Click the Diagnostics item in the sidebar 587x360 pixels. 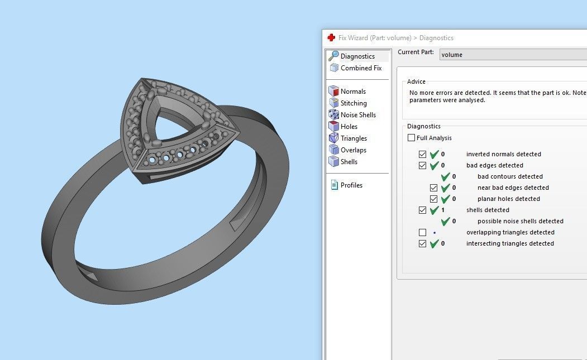click(357, 56)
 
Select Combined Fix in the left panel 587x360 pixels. click(361, 68)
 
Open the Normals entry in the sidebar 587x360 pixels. click(353, 92)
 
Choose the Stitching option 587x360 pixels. click(354, 103)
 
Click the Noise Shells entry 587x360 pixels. click(358, 115)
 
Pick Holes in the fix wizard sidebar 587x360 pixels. click(349, 127)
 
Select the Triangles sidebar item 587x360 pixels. click(354, 138)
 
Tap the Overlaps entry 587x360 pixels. click(353, 150)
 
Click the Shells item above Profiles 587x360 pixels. click(349, 162)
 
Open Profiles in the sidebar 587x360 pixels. click(351, 185)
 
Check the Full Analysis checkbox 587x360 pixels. click(412, 138)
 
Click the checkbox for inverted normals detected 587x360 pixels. click(423, 154)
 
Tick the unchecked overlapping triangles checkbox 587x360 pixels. click(423, 232)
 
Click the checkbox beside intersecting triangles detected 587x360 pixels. click(423, 243)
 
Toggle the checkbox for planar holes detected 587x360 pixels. click(434, 199)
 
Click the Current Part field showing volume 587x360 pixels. click(511, 55)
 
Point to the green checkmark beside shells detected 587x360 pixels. click(435, 210)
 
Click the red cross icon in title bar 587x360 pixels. click(331, 38)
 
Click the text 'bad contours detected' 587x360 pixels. click(510, 176)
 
